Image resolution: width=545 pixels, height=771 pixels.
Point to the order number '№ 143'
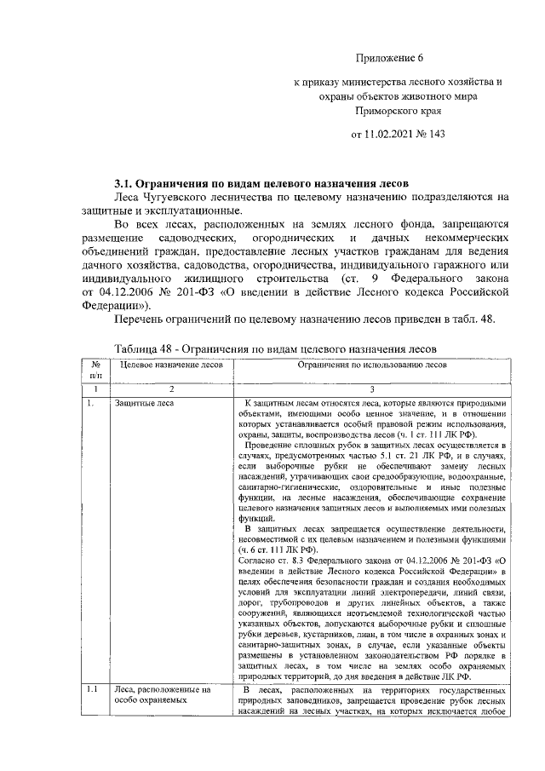pyautogui.click(x=433, y=134)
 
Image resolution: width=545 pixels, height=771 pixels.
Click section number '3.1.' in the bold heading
pyautogui.click(x=126, y=183)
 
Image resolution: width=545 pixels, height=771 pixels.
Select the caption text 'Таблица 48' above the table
pyautogui.click(x=144, y=349)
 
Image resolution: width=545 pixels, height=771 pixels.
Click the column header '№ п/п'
pyautogui.click(x=95, y=369)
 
